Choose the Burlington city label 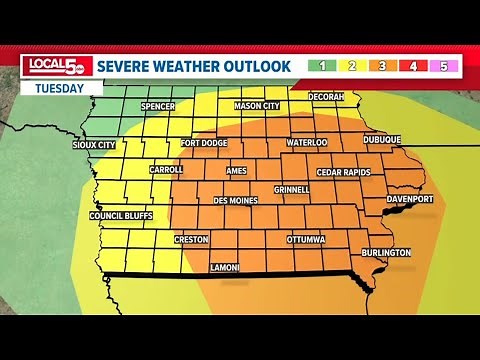tap(386, 253)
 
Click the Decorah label tap(326, 96)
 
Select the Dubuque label tap(381, 139)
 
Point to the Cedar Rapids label tap(343, 172)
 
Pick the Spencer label tap(158, 106)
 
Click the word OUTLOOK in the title tap(258, 66)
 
